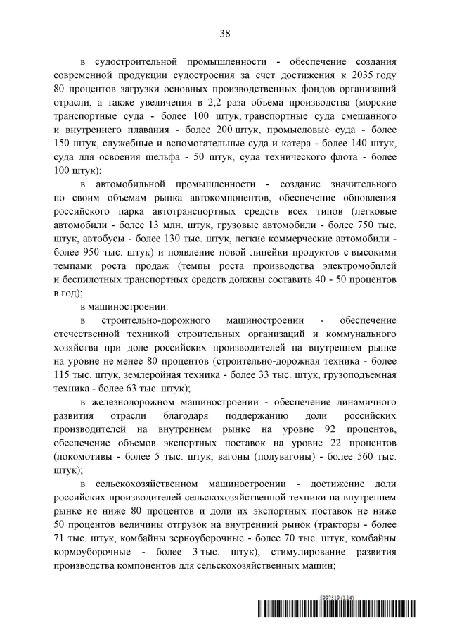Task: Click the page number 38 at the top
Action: pos(225,33)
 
